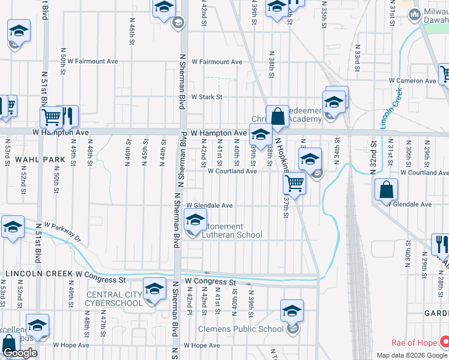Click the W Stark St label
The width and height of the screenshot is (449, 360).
206,97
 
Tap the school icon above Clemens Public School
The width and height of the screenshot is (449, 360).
292,311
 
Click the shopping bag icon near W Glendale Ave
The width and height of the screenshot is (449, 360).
386,190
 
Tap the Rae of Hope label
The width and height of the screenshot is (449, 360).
414,343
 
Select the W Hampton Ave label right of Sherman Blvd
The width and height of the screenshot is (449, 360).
218,133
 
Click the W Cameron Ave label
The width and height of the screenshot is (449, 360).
412,80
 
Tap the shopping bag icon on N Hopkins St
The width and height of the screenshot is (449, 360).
278,116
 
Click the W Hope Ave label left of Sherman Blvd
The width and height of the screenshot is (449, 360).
71,345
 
